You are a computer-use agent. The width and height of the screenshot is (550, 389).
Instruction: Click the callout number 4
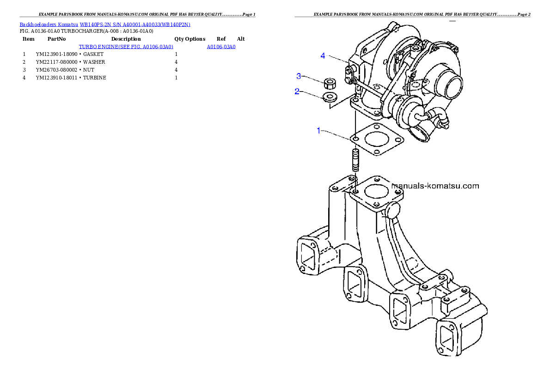[323, 56]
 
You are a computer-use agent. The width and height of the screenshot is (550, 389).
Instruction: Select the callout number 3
[299, 76]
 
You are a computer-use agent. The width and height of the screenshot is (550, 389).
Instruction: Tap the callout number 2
[297, 91]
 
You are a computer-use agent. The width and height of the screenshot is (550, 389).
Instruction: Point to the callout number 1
[318, 131]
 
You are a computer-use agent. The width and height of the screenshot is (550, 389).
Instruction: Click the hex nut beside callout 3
[330, 84]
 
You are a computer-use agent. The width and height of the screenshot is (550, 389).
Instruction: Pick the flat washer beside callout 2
[330, 97]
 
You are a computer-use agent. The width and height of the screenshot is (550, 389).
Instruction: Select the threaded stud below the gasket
[355, 160]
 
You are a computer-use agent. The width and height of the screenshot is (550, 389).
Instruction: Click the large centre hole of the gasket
[377, 140]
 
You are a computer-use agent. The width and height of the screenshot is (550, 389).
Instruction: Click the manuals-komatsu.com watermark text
[435, 186]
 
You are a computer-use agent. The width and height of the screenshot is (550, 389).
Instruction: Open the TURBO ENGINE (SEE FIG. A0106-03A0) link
[126, 47]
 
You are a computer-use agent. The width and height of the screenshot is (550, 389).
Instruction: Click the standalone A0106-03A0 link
[221, 47]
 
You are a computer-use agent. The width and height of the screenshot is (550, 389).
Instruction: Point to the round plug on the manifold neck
[394, 211]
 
